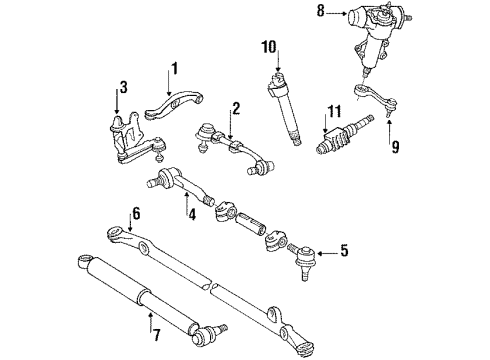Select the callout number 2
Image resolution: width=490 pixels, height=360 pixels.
click(x=235, y=107)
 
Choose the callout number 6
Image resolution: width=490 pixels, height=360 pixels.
click(x=134, y=213)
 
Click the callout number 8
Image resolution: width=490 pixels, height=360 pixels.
click(x=321, y=13)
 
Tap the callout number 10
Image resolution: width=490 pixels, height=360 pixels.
click(x=268, y=46)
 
